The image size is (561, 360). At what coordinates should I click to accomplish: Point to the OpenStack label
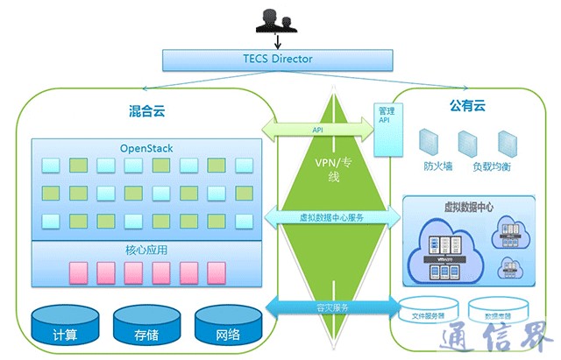146,148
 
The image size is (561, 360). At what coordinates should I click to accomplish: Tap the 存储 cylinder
146,328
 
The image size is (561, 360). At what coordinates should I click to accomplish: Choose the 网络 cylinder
228,328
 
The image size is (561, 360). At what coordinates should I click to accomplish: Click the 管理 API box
385,128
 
